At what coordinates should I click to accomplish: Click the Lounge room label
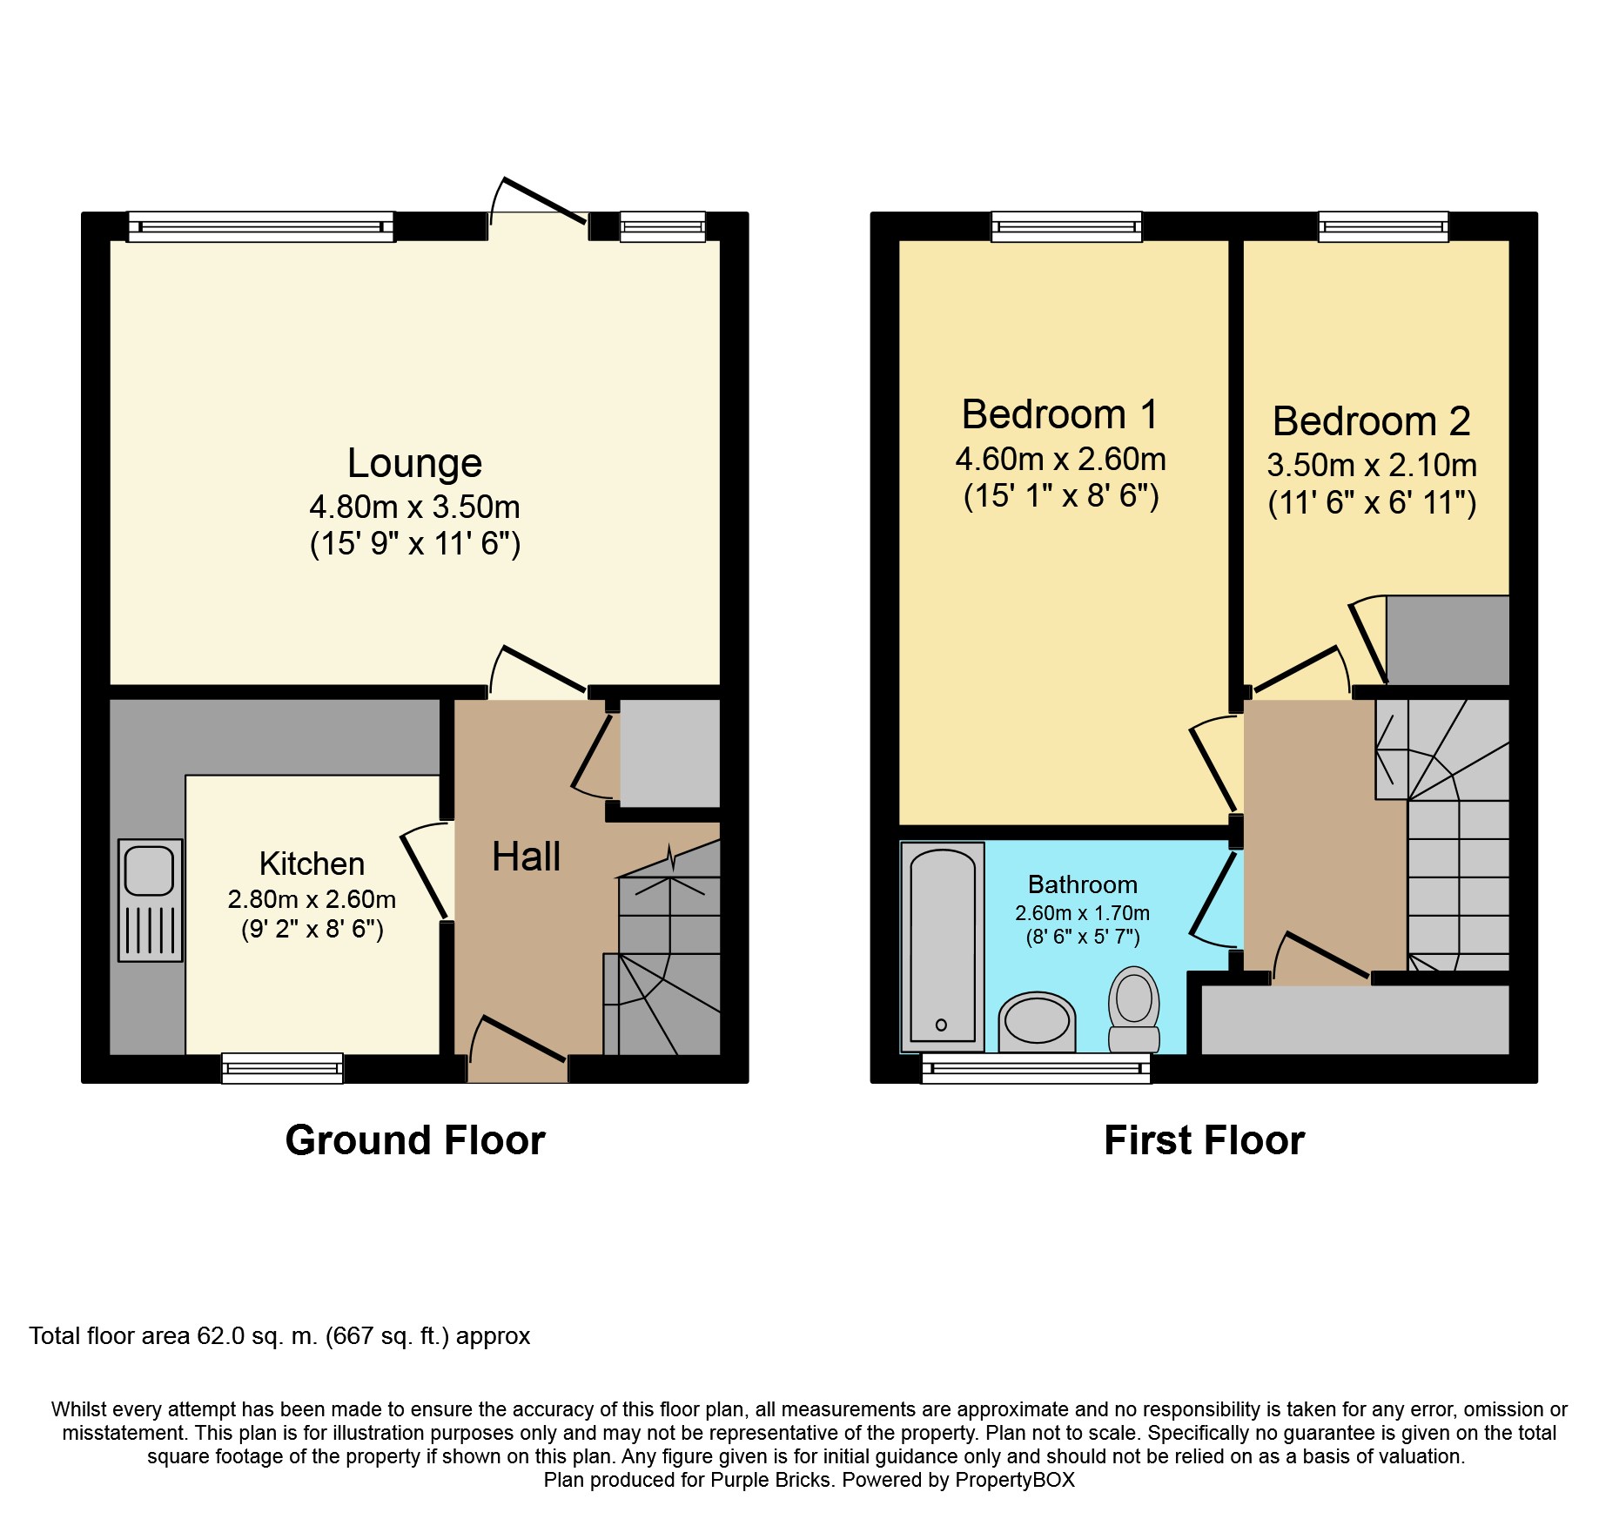point(414,463)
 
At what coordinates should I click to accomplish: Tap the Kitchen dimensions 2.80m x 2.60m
point(312,899)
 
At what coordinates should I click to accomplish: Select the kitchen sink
point(150,899)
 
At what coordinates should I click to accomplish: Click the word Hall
point(526,857)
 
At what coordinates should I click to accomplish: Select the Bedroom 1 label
point(1060,414)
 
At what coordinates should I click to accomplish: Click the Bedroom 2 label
point(1371,421)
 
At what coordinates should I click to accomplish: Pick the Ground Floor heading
point(415,1140)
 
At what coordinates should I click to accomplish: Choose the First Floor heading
point(1204,1140)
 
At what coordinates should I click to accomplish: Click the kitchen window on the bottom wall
point(282,1068)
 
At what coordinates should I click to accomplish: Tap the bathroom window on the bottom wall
point(1036,1068)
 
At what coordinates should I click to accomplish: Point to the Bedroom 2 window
point(1383,226)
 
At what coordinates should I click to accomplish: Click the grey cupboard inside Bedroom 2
point(1447,640)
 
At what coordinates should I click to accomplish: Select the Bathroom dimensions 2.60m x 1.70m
point(1082,913)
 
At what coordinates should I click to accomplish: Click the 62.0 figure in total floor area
point(221,1336)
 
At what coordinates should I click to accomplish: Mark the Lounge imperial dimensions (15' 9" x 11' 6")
point(415,544)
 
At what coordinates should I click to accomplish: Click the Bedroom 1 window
point(1066,226)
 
